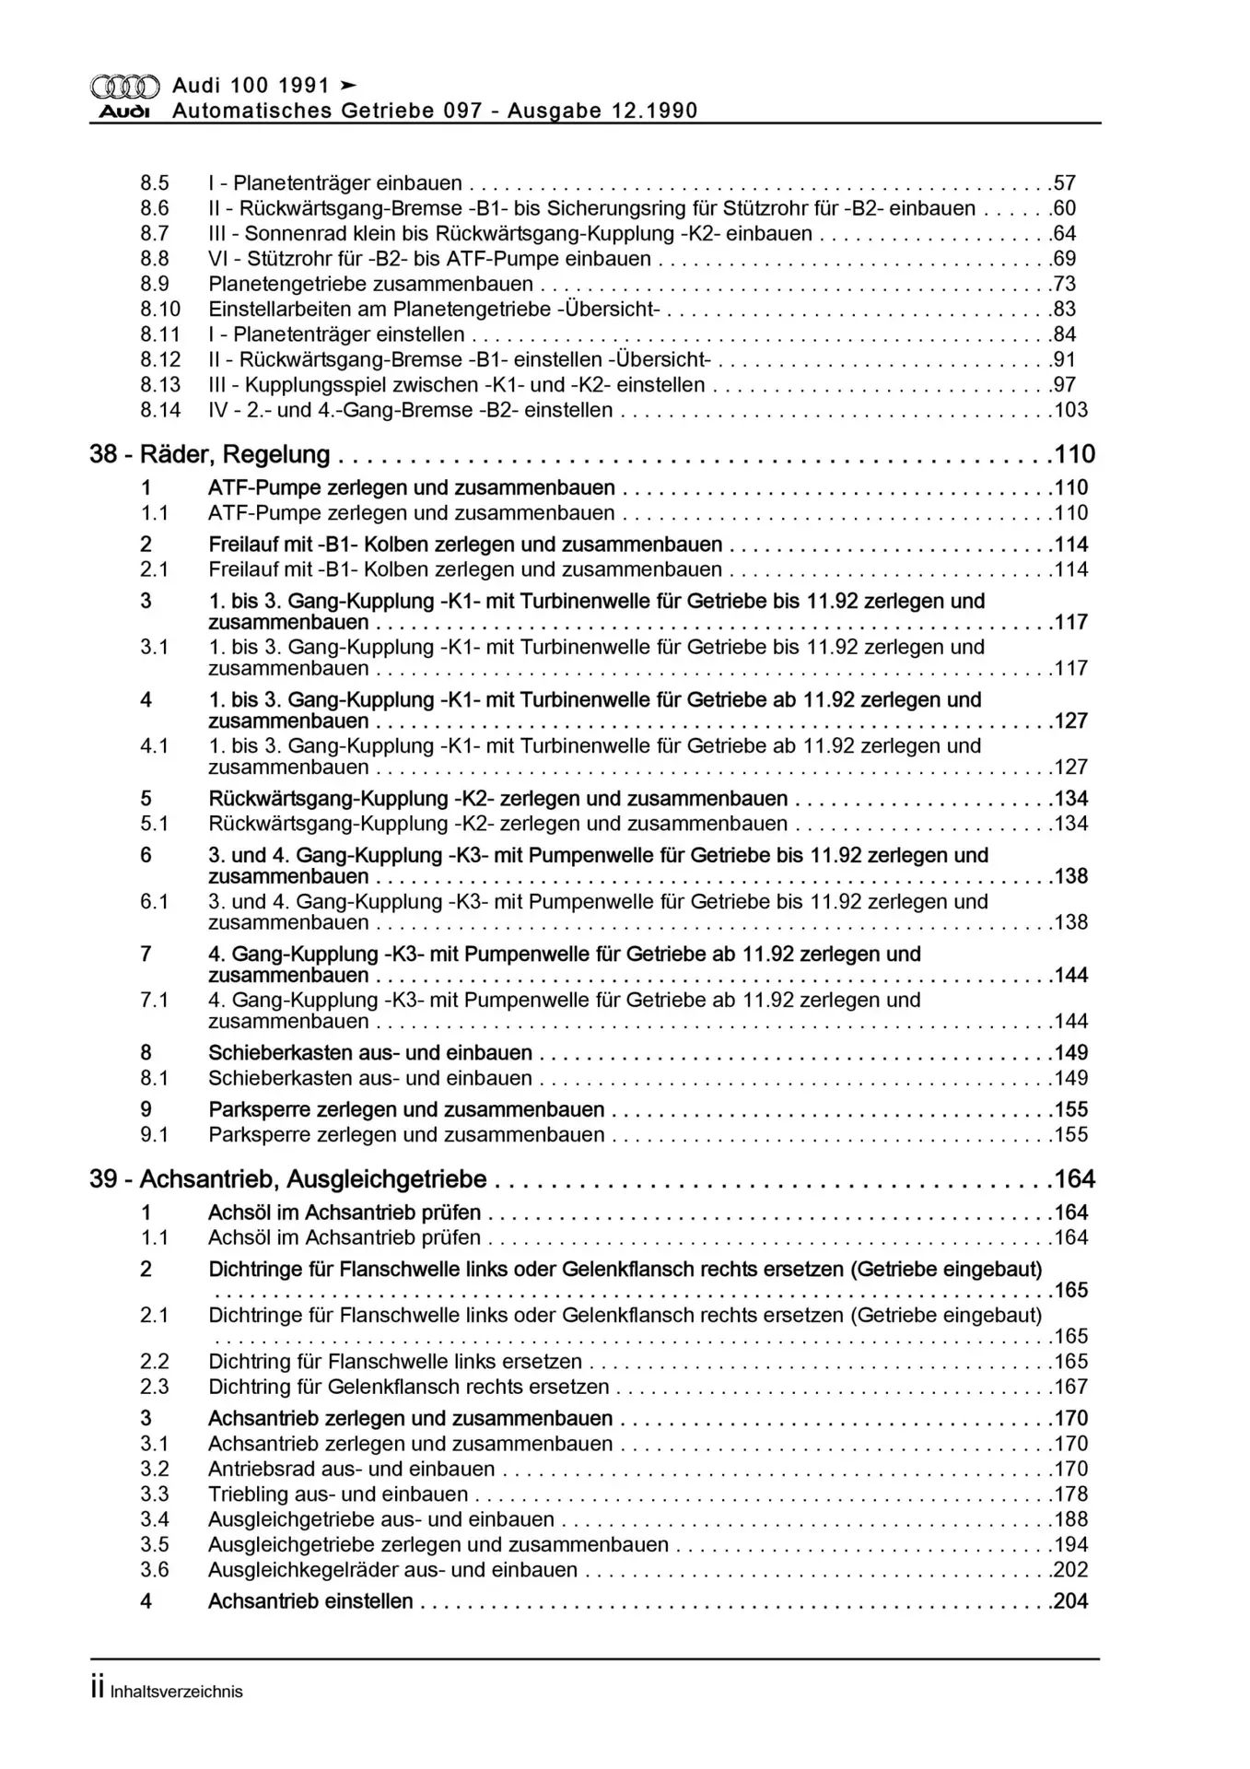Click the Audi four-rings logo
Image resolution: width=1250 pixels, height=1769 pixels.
coord(125,87)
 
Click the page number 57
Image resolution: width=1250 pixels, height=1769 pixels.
coord(1065,183)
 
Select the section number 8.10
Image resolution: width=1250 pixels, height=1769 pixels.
coord(160,310)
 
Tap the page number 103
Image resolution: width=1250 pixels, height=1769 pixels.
coord(1071,410)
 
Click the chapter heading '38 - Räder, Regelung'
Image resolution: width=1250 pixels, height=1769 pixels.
coord(210,454)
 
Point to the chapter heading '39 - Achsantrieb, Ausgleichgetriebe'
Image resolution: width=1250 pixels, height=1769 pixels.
coord(288,1179)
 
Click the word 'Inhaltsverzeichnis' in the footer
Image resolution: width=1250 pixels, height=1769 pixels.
coord(176,1692)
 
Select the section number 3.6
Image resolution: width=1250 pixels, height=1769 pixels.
coord(155,1570)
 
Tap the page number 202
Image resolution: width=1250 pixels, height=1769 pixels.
coord(1071,1570)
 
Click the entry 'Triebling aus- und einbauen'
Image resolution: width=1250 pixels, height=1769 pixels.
coord(338,1494)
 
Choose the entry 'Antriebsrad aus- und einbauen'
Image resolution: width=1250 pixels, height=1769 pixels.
coord(352,1470)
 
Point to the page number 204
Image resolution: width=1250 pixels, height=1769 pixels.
coord(1071,1601)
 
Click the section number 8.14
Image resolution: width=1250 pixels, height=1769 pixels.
coord(160,410)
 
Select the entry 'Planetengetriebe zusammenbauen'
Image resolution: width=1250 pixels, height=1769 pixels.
coord(371,284)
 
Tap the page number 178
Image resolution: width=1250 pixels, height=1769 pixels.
coord(1071,1494)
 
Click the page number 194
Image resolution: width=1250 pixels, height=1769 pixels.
coord(1071,1545)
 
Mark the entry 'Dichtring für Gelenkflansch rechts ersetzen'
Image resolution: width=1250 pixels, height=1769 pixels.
coord(409,1387)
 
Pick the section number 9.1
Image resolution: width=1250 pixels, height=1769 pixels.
coord(155,1135)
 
